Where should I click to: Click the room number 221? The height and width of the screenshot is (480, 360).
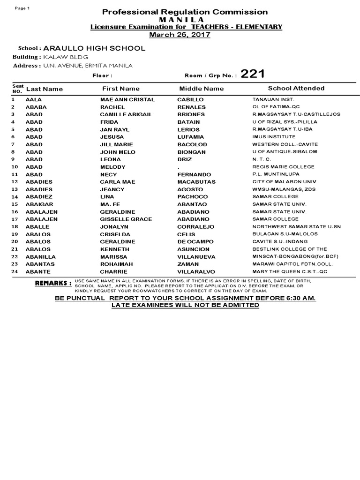click(253, 74)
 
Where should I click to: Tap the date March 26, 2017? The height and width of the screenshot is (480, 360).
click(180, 35)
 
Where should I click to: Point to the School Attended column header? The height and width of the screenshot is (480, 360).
click(296, 88)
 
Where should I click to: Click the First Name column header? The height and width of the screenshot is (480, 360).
click(121, 89)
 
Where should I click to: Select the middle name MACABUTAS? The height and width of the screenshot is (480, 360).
click(196, 182)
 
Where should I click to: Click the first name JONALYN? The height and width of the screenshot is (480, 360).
click(114, 227)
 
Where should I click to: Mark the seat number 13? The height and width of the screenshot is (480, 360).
click(14, 189)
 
